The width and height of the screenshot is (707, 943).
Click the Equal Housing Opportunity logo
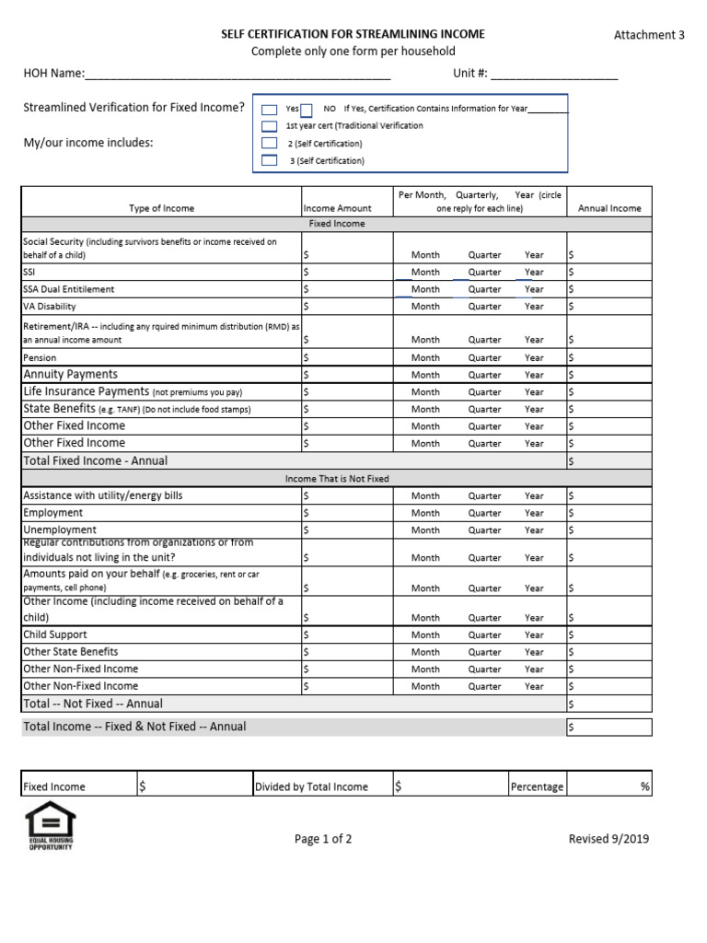click(51, 825)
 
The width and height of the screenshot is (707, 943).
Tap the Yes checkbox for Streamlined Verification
click(270, 110)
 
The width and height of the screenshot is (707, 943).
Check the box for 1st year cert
click(269, 126)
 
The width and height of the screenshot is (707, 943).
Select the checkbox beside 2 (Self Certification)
click(269, 144)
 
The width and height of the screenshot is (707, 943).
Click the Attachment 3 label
click(649, 35)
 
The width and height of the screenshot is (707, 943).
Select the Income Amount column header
click(337, 208)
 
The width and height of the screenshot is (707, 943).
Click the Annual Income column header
click(609, 208)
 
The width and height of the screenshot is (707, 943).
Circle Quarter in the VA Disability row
click(484, 307)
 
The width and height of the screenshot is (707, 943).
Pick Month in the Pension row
click(425, 358)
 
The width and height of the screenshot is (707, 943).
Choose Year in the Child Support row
click(534, 635)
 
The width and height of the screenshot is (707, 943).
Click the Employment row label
click(53, 513)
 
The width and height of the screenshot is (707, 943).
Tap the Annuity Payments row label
click(71, 375)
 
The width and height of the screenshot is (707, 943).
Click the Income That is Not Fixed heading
click(337, 479)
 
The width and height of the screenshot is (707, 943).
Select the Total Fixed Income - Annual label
click(96, 460)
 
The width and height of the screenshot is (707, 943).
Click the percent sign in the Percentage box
click(644, 787)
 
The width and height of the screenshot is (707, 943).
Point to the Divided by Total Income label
click(312, 787)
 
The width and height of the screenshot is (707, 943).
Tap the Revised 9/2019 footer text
click(608, 839)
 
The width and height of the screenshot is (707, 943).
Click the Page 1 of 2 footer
click(323, 839)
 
